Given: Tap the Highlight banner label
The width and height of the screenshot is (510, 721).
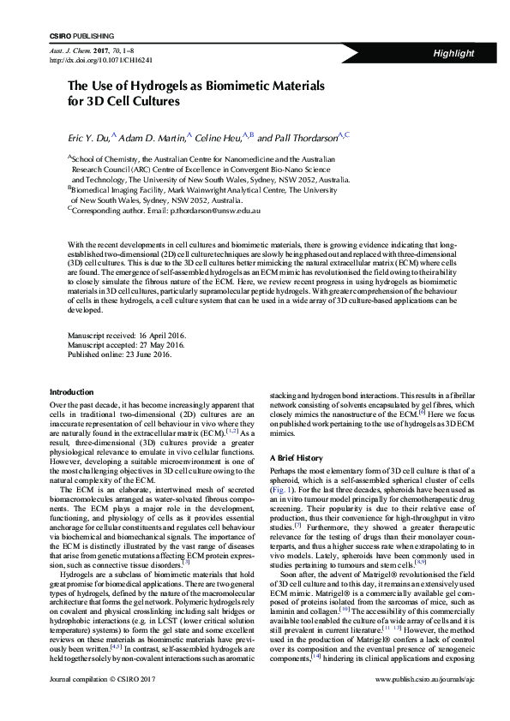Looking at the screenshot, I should (453, 53).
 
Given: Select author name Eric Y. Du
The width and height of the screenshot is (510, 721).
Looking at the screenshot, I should (87, 137).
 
